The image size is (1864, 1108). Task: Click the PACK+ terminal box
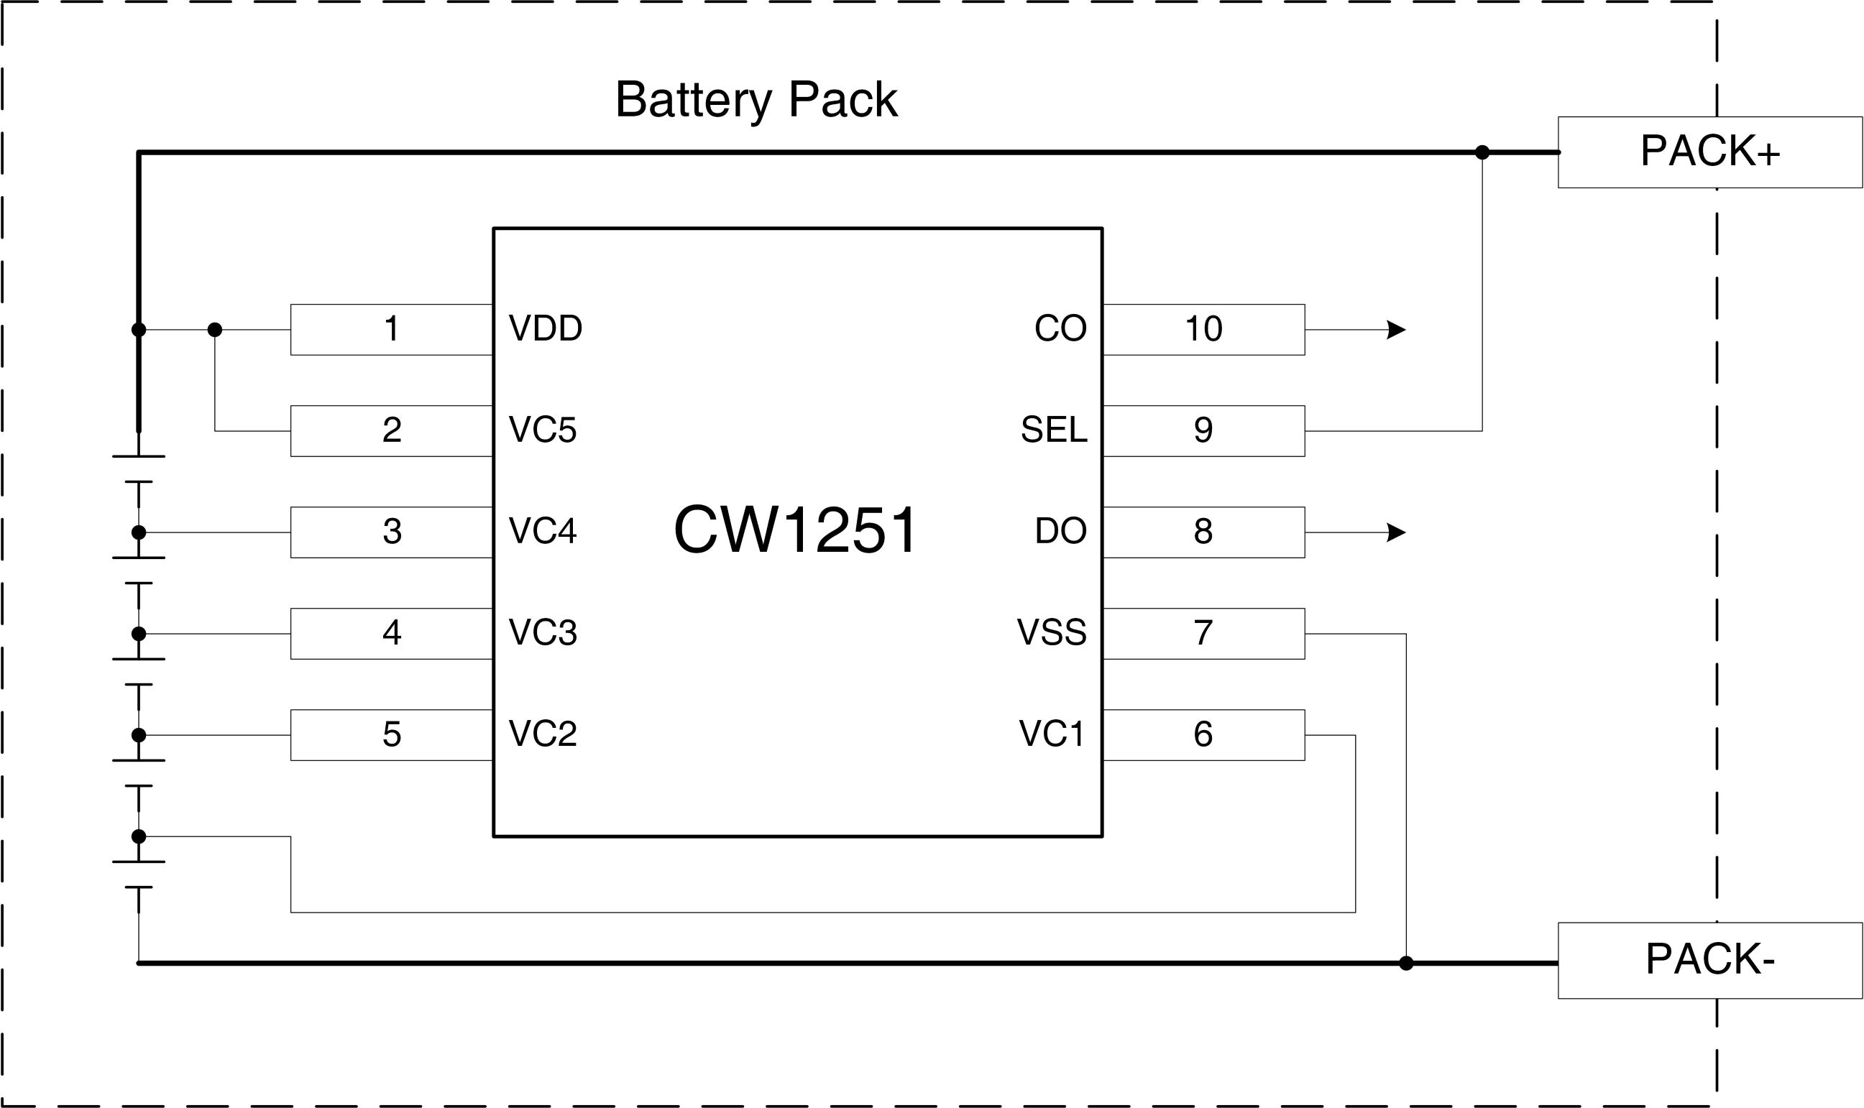[x=1709, y=152]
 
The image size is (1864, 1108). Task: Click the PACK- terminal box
[x=1709, y=960]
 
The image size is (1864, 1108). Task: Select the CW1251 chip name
[x=794, y=530]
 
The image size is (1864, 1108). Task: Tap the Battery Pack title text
[x=756, y=99]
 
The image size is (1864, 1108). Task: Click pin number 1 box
[x=390, y=329]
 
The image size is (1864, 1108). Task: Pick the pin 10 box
[x=1203, y=329]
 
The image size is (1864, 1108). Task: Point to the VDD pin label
[x=545, y=328]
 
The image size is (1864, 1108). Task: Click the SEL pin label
[x=1053, y=430]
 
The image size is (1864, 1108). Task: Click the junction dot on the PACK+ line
[x=1482, y=152]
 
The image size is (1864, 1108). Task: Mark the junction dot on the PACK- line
[x=1405, y=963]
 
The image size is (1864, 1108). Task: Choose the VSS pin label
[x=1051, y=633]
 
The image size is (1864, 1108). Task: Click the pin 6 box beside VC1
[x=1203, y=735]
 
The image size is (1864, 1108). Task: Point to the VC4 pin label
[x=542, y=532]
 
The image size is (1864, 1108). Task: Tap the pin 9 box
[x=1203, y=431]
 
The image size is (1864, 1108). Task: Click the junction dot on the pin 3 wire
[x=139, y=532]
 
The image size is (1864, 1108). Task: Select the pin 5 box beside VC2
[x=390, y=735]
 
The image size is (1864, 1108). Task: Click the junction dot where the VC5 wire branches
[x=215, y=329]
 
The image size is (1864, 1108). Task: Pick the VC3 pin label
[x=542, y=633]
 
